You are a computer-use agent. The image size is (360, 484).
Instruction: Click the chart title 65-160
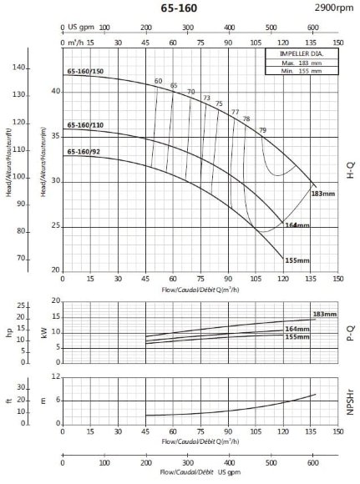point(182,8)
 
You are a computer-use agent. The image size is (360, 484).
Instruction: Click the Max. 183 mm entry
point(301,63)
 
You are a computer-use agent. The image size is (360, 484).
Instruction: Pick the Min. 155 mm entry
point(301,72)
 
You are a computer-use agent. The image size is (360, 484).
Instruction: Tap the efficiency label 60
point(158,81)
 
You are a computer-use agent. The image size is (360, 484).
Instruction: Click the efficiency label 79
point(263,130)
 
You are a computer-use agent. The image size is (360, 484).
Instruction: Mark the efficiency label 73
point(206,98)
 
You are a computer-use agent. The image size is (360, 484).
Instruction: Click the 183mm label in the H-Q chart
point(322,194)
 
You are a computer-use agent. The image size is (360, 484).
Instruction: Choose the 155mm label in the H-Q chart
point(297,260)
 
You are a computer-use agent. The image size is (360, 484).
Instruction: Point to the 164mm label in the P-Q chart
point(297,329)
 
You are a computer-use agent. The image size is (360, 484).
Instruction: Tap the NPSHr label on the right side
point(351,400)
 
